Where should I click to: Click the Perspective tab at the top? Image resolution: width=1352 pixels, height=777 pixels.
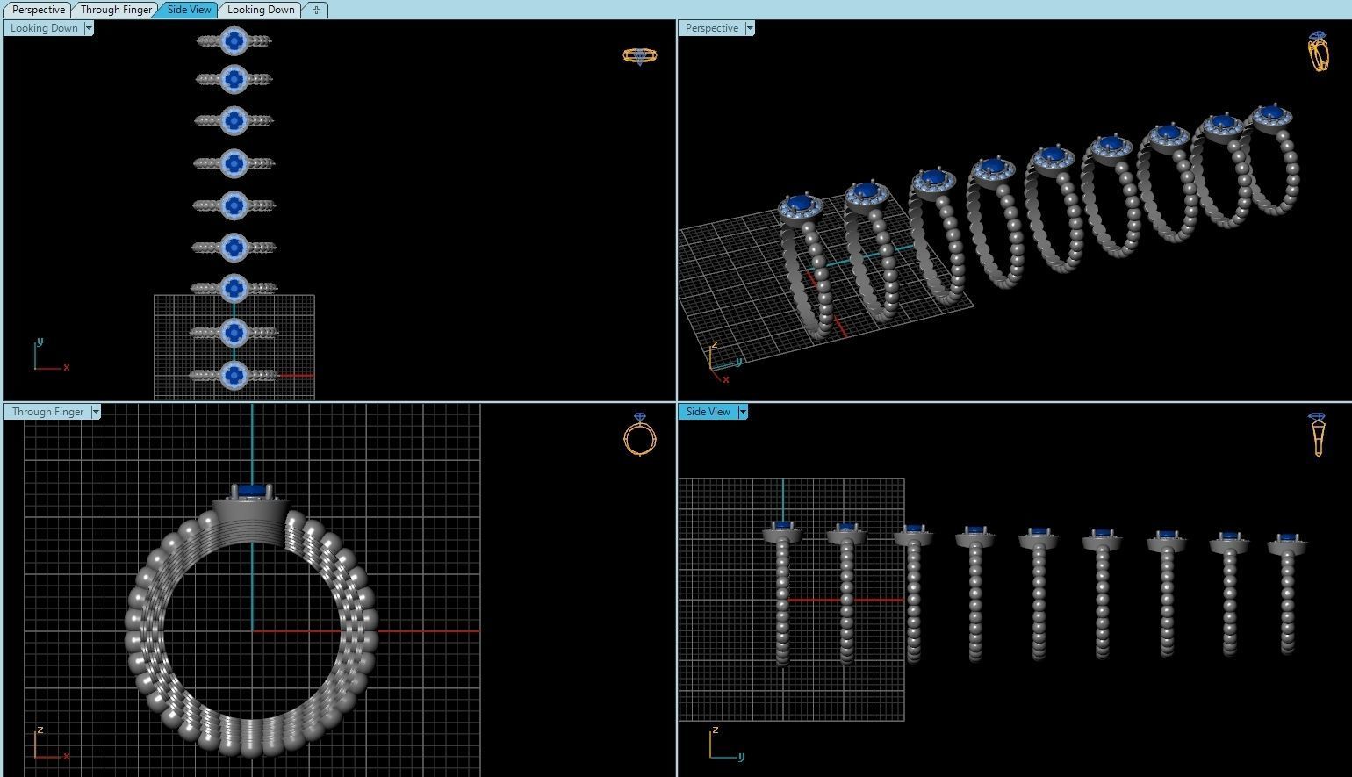(x=38, y=10)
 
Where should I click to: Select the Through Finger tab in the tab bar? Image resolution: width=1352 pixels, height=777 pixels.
(x=116, y=10)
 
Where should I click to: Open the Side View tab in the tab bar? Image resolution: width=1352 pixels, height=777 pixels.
(x=189, y=10)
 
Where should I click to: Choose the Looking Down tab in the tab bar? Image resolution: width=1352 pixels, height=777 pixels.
(x=260, y=10)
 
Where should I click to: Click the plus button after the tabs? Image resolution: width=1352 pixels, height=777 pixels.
(x=316, y=10)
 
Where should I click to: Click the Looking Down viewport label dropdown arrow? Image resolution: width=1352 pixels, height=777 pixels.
(x=89, y=28)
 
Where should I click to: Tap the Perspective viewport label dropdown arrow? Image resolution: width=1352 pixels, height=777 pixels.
(x=750, y=28)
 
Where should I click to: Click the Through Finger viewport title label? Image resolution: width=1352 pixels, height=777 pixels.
(x=47, y=412)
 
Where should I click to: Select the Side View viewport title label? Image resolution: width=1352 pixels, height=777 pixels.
(x=708, y=412)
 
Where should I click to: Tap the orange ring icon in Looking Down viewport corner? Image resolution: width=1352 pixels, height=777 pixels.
(x=640, y=55)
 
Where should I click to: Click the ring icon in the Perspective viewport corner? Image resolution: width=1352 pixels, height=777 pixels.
(x=1318, y=52)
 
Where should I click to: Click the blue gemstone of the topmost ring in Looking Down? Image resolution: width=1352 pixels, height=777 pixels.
(x=234, y=40)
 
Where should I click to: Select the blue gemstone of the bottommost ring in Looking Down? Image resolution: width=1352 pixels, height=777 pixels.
(x=234, y=375)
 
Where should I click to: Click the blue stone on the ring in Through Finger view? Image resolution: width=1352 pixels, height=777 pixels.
(x=252, y=490)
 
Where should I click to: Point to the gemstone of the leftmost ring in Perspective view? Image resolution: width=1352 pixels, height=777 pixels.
(x=798, y=204)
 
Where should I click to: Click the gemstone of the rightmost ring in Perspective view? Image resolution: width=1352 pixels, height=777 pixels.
(x=1271, y=112)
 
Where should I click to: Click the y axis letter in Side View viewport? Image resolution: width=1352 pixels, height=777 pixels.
(x=742, y=757)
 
